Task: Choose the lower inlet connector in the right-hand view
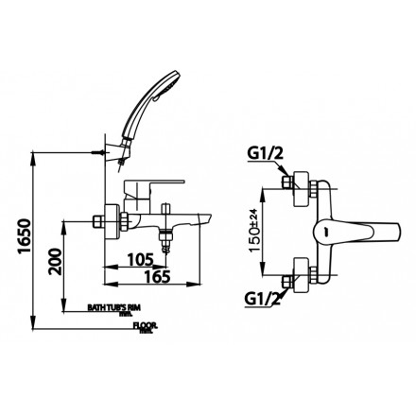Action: point(291,276)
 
